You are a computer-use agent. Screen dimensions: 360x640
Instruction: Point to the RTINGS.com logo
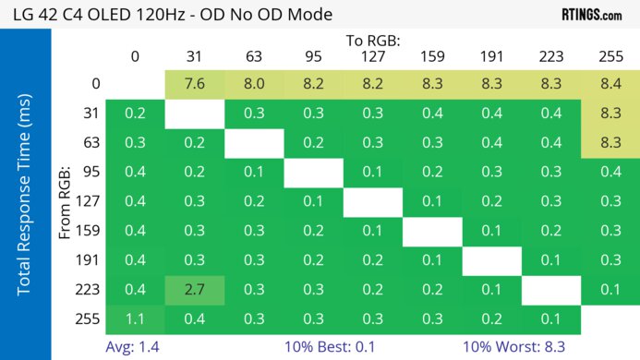(591, 15)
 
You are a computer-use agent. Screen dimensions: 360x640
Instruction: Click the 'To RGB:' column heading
(372, 42)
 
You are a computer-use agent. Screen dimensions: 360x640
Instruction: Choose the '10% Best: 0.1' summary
(373, 347)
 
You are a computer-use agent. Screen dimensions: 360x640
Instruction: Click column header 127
(372, 57)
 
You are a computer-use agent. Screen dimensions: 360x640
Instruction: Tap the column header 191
(491, 57)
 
